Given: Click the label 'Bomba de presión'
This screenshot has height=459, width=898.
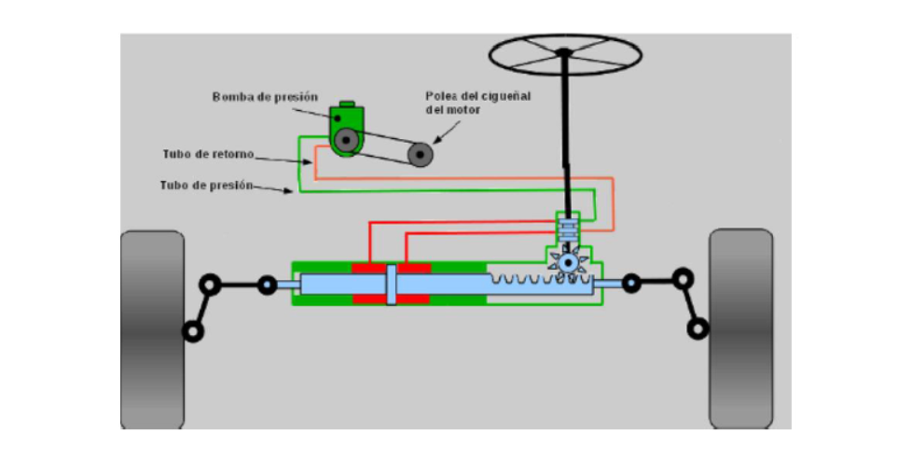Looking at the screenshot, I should tap(265, 96).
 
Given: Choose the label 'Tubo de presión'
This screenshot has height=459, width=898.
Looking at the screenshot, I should tap(206, 185).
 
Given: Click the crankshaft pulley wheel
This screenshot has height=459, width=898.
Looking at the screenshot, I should tap(421, 155).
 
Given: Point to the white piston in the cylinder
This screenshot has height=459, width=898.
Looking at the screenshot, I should tap(392, 284).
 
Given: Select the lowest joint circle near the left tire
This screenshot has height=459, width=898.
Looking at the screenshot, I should tap(194, 330).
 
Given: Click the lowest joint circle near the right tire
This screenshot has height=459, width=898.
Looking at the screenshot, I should tap(697, 328).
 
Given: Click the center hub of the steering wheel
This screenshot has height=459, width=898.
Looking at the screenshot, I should tap(564, 52).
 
